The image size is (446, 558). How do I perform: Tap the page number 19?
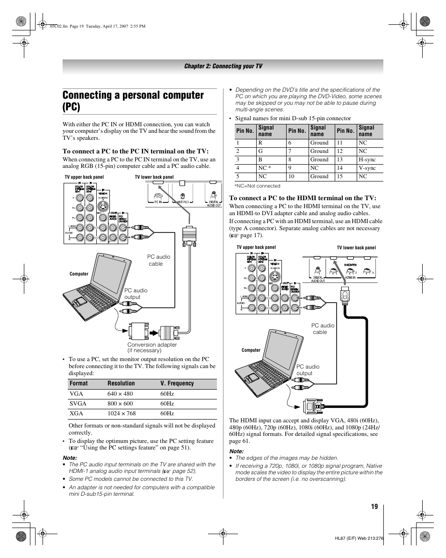click(x=374, y=507)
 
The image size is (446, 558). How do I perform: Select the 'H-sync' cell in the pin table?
click(x=367, y=159)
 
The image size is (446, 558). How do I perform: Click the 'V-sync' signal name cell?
click(x=367, y=168)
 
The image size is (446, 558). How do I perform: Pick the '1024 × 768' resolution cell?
click(x=121, y=413)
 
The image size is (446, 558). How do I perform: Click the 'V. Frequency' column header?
click(x=177, y=384)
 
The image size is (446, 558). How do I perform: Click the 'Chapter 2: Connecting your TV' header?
click(x=223, y=66)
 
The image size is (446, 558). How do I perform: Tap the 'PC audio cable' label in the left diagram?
click(x=158, y=260)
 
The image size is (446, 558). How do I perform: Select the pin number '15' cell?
click(x=340, y=176)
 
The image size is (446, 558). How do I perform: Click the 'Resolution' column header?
click(x=121, y=384)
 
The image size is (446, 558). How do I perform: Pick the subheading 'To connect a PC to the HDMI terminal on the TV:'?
click(x=302, y=198)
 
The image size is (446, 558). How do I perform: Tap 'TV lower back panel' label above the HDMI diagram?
click(x=356, y=248)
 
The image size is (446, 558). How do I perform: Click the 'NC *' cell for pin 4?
click(x=265, y=168)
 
